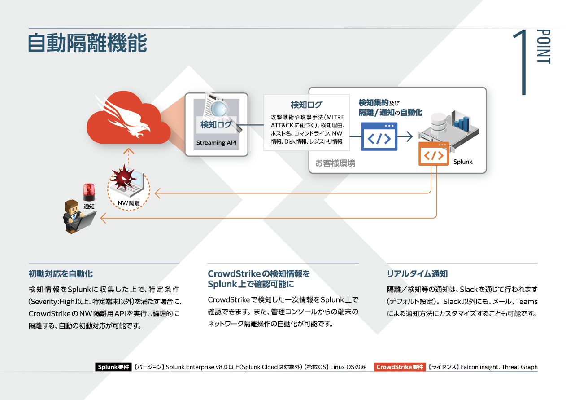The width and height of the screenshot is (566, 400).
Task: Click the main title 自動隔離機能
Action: pos(87,43)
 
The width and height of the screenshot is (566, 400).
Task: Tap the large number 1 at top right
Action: pos(522,62)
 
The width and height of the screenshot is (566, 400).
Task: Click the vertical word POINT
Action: pos(543,47)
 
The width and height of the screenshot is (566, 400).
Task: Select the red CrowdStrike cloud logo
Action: pos(128,119)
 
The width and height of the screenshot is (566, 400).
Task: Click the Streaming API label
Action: pos(216,143)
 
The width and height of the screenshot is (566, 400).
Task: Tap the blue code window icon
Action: pos(379,136)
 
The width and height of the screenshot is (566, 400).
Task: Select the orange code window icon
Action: pos(434,154)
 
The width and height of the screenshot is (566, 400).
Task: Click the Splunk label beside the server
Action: pos(463,162)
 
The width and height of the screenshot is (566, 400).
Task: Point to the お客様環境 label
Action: pos(335,163)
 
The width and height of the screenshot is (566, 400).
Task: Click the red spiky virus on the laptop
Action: pos(124,177)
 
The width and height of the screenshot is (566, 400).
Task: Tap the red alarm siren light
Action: pos(89,192)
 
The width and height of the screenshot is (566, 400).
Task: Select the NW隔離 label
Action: pos(129,203)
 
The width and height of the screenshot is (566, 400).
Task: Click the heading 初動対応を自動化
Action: pos(61,274)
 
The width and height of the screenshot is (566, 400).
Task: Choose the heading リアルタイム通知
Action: pos(417,274)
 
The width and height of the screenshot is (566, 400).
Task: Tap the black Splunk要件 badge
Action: pos(113,367)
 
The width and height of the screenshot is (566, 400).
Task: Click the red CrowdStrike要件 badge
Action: pos(400,367)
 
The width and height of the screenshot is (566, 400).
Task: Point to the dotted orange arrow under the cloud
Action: pos(129,156)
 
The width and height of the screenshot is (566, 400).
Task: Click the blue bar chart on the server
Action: pos(461,123)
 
